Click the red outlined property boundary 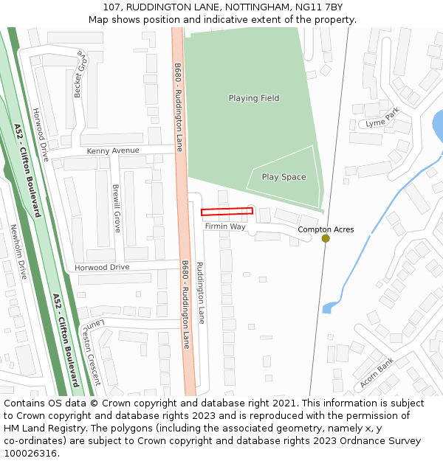(227, 212)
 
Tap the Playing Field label (253, 98)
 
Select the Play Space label (284, 177)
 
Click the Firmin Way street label (225, 226)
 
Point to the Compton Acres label (326, 229)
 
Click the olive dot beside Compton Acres (326, 238)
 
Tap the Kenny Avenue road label (113, 150)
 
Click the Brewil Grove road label (116, 209)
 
